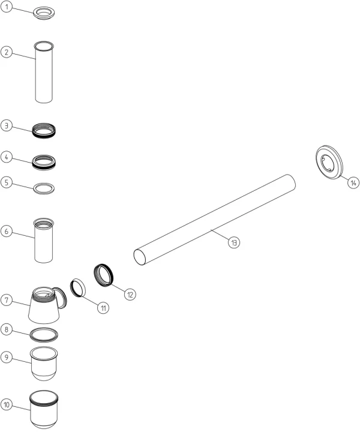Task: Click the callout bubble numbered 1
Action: (7, 7)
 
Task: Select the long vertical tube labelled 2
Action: (44, 72)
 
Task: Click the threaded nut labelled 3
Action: (44, 131)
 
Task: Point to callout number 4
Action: (7, 157)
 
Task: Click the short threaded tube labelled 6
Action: (44, 240)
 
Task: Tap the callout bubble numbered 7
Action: (7, 300)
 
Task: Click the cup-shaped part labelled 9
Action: (44, 364)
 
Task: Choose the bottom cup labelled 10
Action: (44, 409)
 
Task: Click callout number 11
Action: (103, 308)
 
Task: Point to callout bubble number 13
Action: (234, 242)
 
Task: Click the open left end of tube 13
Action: (140, 257)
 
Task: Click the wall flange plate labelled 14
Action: (329, 162)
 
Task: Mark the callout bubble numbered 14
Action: (353, 182)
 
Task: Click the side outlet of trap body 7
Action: (61, 298)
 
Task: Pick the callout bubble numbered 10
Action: (7, 405)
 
